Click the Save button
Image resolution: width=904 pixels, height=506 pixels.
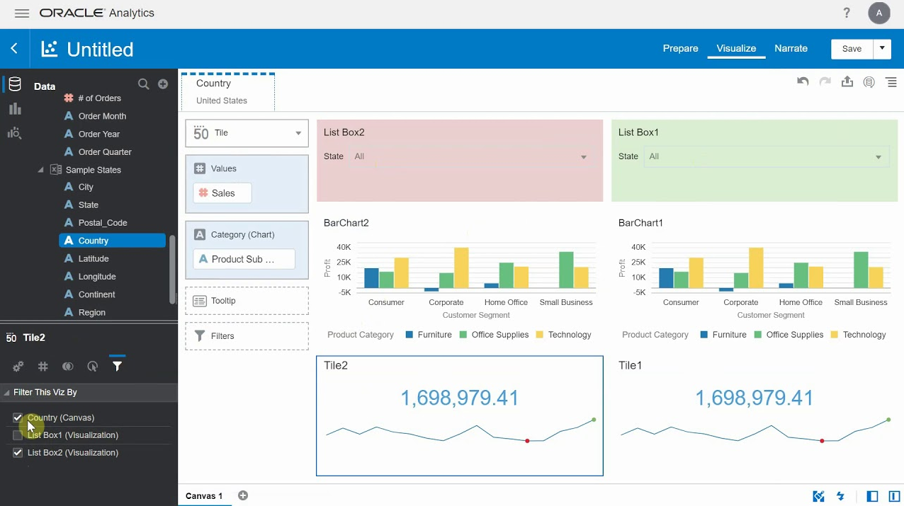click(852, 49)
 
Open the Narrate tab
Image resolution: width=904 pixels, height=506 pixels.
click(791, 49)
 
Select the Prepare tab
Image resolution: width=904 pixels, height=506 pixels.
click(680, 49)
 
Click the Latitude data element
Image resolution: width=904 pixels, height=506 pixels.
click(94, 259)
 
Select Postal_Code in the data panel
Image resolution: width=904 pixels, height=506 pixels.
click(103, 223)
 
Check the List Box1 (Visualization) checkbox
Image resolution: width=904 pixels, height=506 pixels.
click(18, 435)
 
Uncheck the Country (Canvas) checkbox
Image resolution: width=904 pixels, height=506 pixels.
click(18, 418)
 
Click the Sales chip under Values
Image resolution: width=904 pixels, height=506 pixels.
click(222, 193)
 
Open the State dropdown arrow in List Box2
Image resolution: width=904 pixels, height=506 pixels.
click(584, 157)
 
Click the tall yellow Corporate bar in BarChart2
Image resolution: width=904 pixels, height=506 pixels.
click(461, 268)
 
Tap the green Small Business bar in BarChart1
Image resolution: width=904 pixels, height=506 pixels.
click(861, 270)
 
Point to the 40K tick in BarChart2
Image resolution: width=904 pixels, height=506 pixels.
click(344, 247)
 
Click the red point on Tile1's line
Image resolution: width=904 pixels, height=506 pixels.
click(822, 441)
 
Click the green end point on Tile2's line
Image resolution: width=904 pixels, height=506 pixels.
click(594, 420)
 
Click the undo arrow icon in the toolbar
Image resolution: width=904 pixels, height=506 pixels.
click(803, 82)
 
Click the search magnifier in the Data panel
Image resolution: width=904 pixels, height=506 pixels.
click(143, 84)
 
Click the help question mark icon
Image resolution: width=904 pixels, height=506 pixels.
click(847, 13)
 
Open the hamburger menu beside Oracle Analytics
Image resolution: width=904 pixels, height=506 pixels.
click(22, 13)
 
